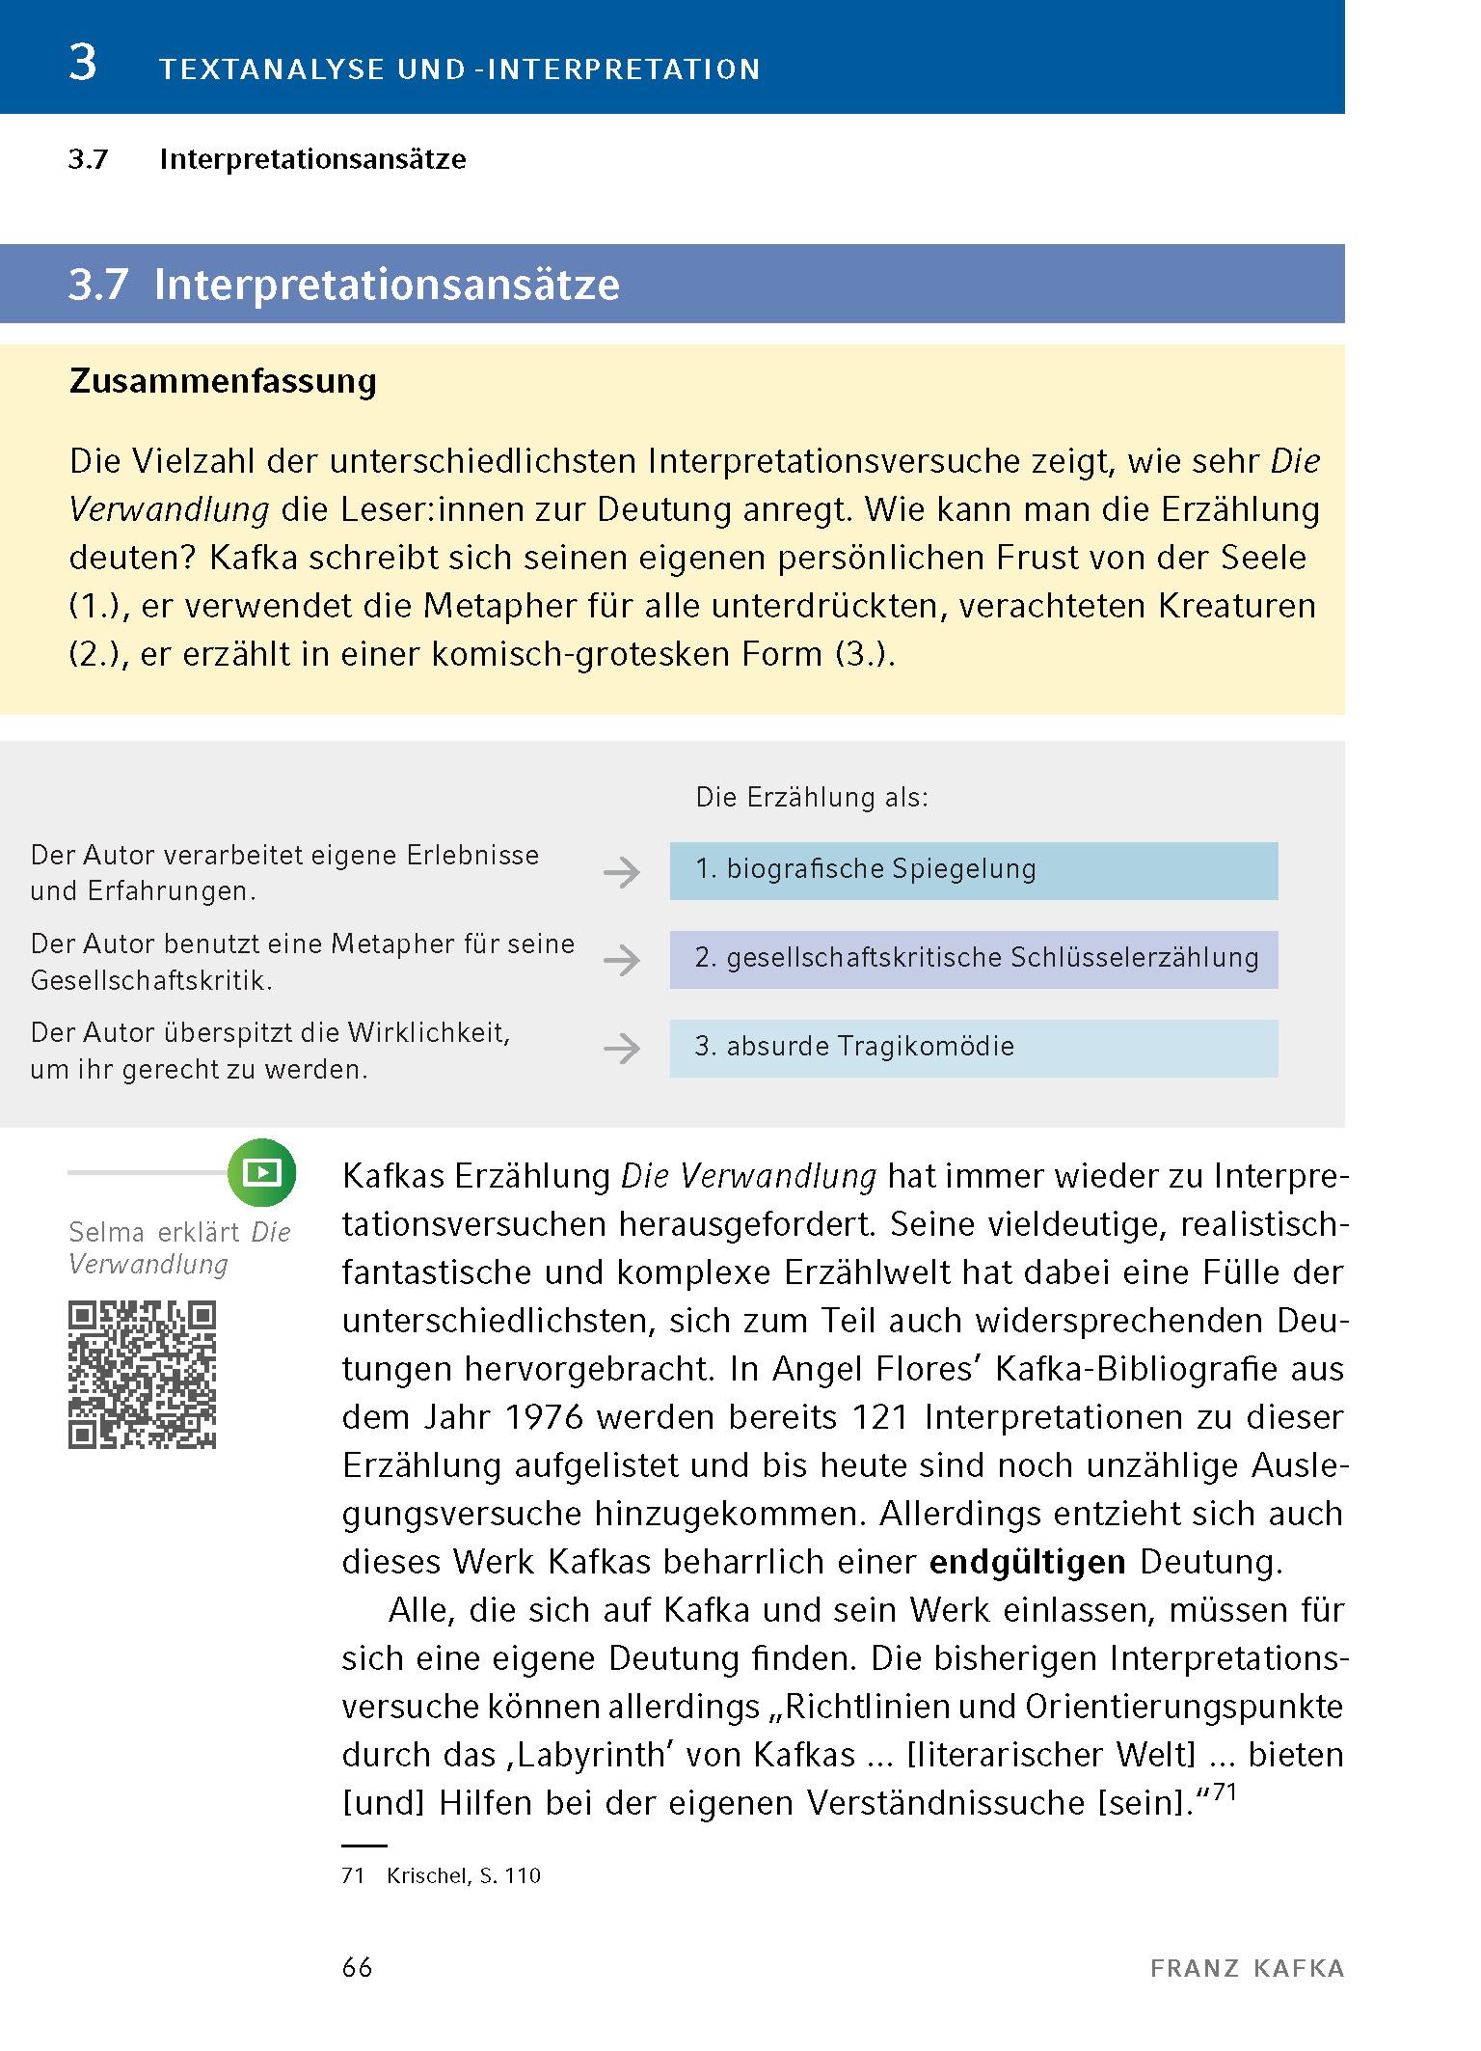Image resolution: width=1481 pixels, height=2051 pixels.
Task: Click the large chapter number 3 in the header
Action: pos(84,64)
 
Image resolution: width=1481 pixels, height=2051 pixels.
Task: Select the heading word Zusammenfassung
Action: pos(223,381)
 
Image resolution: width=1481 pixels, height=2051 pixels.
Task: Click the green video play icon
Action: pos(261,1172)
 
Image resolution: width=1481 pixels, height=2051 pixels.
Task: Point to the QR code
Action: pos(143,1375)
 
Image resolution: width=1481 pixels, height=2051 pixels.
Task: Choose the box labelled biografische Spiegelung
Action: pos(973,870)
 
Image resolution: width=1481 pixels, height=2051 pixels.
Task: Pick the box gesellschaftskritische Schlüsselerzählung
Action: pos(973,959)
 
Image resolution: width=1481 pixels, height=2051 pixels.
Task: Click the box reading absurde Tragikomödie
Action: pos(973,1048)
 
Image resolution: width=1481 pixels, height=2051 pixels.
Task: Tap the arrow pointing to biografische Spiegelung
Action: pos(622,873)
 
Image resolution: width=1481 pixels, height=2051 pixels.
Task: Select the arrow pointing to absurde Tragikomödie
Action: pos(622,1049)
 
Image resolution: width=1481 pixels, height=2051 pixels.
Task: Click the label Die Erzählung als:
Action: pos(812,798)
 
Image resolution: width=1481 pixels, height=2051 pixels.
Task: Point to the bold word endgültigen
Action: pos(1027,1562)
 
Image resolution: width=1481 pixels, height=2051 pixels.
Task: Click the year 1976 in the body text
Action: pos(544,1417)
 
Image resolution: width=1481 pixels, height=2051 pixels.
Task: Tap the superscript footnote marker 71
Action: pos(1224,1791)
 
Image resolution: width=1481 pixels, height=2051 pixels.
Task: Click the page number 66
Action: pos(358,1968)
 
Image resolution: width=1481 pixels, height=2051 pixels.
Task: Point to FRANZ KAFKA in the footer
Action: pos(1247,1969)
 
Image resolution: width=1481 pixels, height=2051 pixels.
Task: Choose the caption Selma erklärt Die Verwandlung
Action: pos(179,1247)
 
